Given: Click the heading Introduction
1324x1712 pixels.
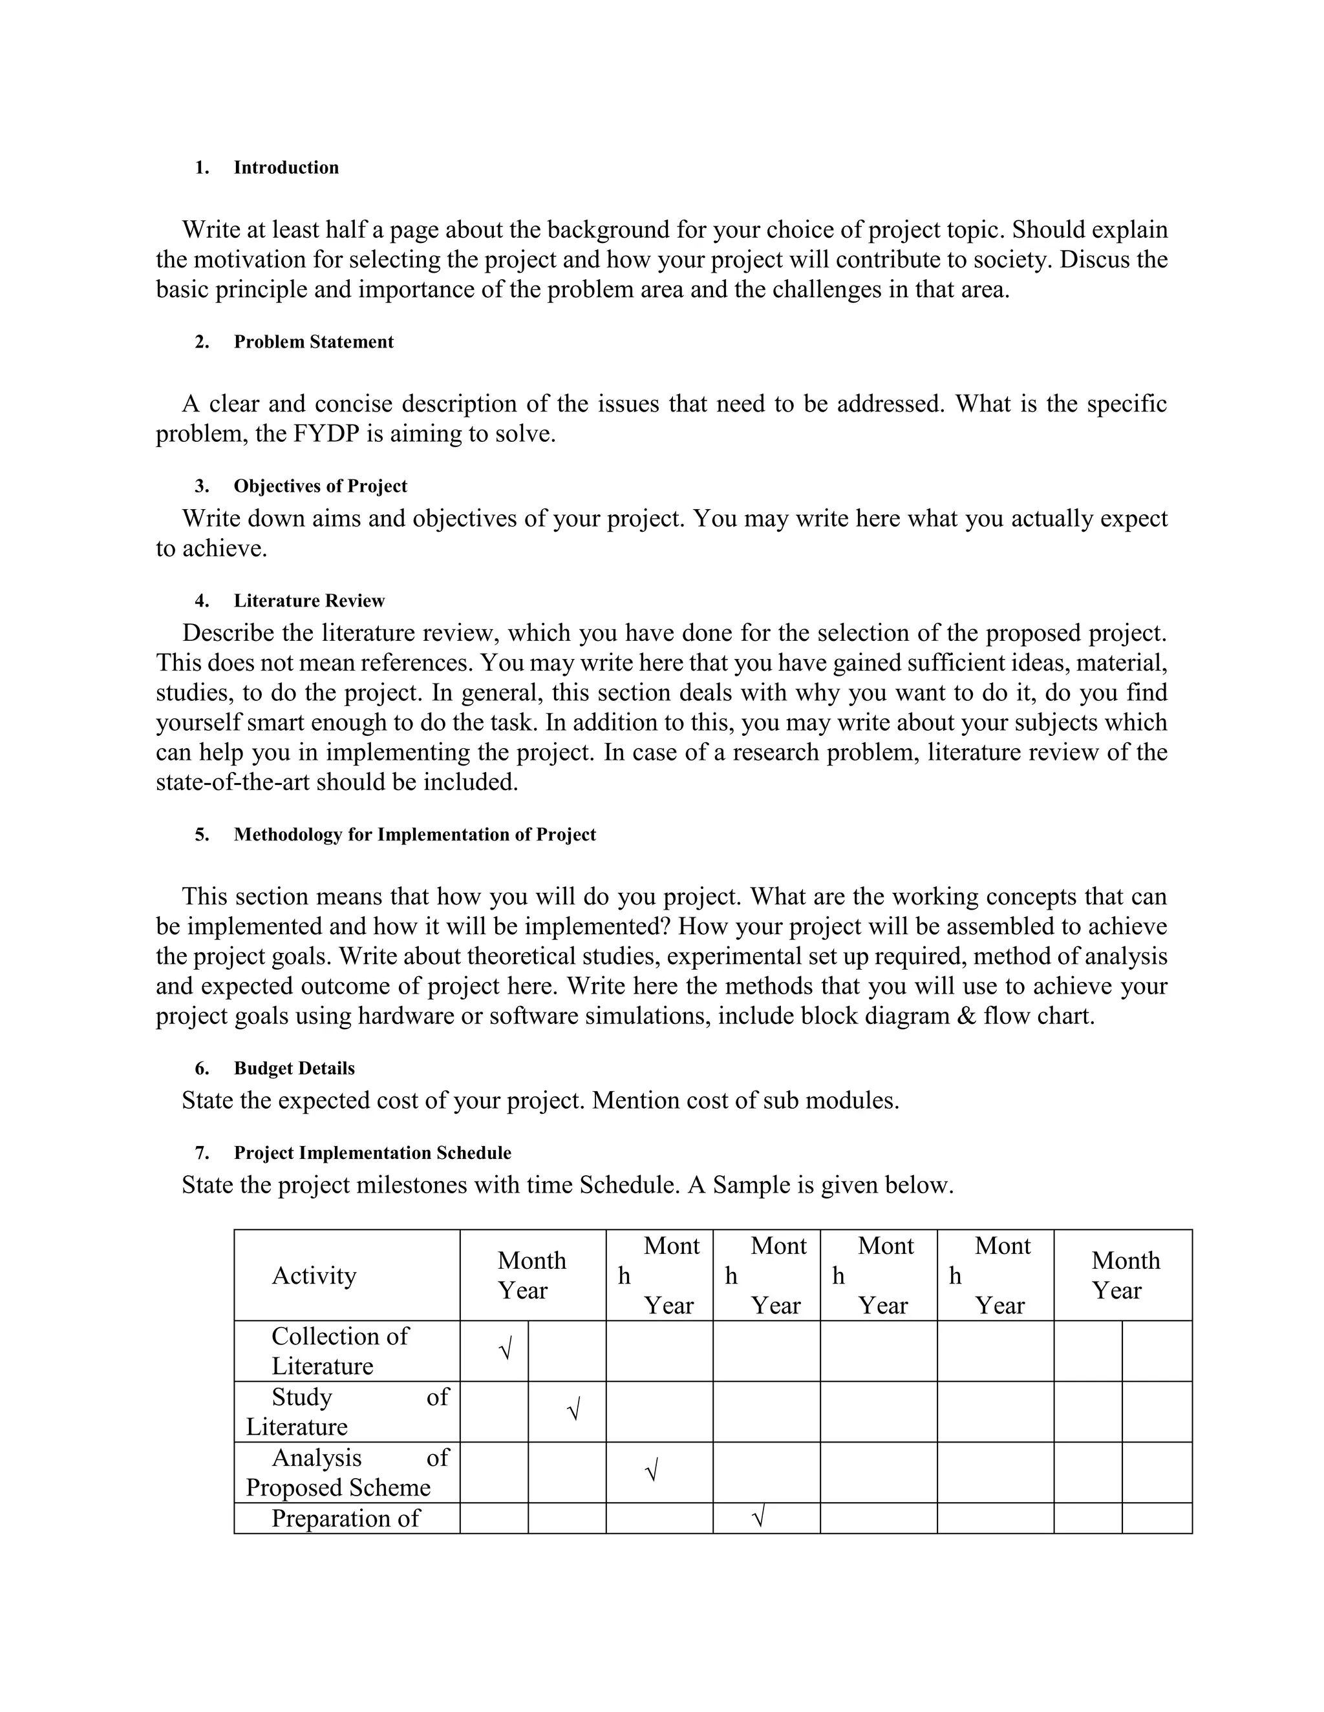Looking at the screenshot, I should point(286,168).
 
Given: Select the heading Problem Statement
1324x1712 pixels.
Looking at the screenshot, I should point(313,342).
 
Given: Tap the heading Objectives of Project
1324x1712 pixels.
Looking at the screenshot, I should point(320,486).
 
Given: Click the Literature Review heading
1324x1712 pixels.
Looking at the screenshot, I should point(309,600).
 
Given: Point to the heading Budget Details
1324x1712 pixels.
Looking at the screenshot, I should point(294,1069).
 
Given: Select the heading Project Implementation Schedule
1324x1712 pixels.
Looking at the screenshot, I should point(372,1153).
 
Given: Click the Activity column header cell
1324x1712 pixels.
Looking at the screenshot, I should point(314,1275).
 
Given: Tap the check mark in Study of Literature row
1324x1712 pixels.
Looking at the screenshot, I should point(573,1412).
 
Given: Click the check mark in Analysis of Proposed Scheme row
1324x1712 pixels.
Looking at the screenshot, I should point(651,1471).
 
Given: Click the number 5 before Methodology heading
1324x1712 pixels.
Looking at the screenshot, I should point(202,835).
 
